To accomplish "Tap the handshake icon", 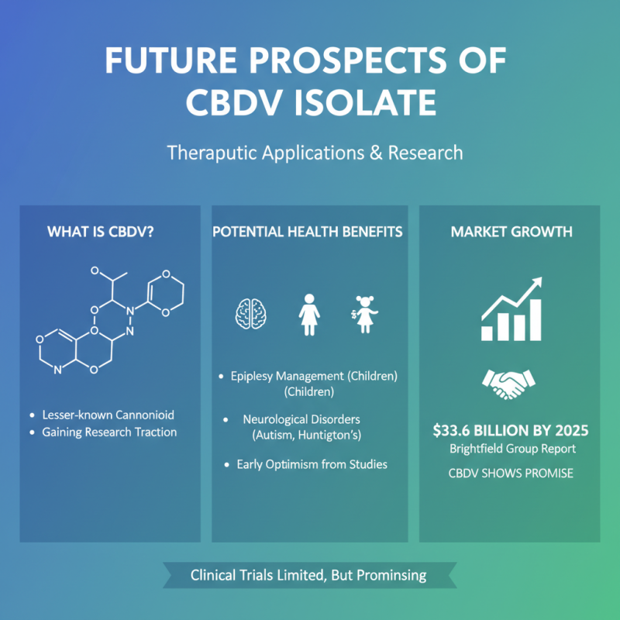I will (509, 382).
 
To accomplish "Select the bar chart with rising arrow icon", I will (509, 312).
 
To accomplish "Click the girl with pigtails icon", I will (365, 315).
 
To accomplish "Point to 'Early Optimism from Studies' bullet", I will (312, 464).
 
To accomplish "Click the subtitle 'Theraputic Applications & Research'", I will (315, 152).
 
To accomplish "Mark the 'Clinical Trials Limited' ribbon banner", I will (309, 576).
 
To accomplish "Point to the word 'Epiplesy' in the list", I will (254, 377).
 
